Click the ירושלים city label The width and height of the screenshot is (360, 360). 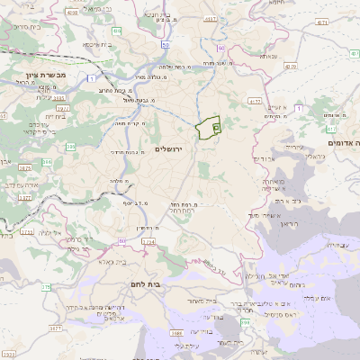point(168,148)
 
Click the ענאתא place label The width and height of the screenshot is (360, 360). point(268,56)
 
